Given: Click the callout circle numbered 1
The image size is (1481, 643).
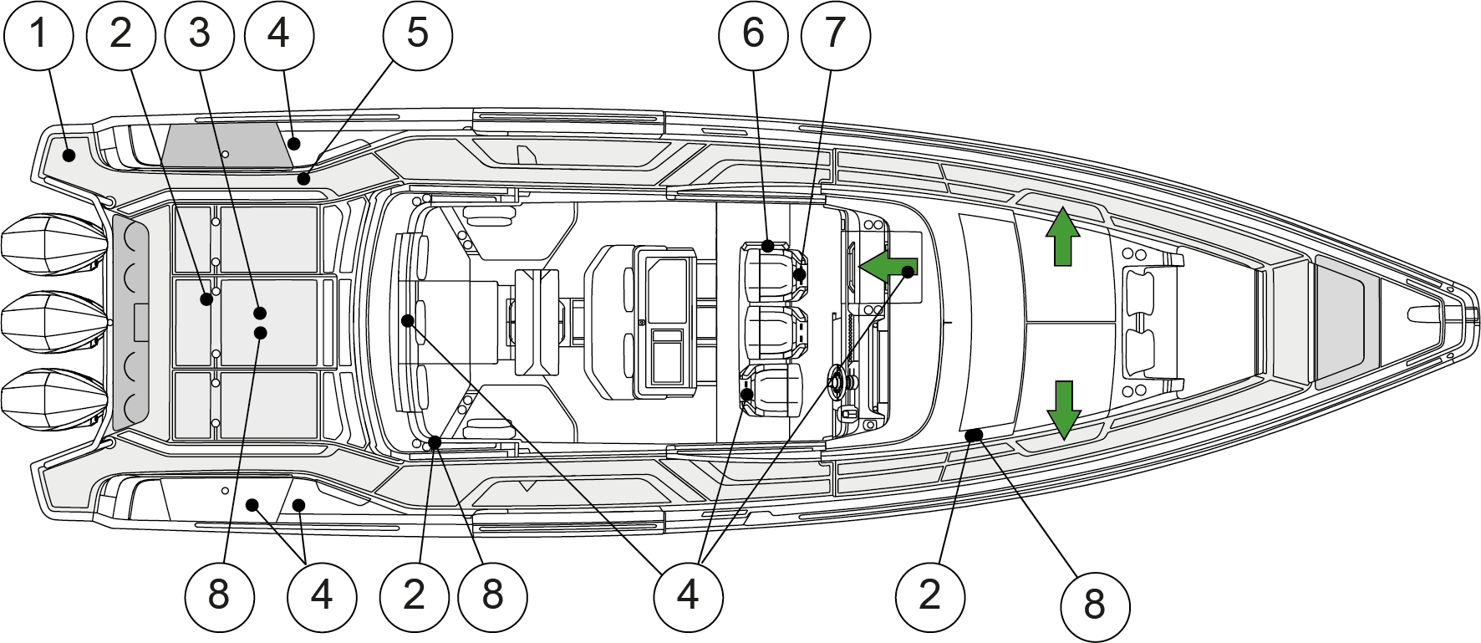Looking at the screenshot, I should click(38, 33).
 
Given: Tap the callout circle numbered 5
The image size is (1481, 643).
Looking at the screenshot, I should click(417, 33).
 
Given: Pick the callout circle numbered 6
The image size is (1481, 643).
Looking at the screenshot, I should click(753, 33).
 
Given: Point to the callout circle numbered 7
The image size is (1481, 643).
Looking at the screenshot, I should click(835, 33).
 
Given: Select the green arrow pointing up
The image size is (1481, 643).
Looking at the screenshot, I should click(1062, 237).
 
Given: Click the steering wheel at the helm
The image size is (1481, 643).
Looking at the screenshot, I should click(836, 382).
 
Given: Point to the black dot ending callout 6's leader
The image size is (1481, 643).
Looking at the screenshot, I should click(768, 246).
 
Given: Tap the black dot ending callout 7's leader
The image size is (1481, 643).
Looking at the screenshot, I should click(800, 274).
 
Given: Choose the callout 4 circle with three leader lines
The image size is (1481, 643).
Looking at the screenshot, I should click(688, 595).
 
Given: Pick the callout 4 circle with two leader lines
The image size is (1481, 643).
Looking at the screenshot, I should click(322, 595).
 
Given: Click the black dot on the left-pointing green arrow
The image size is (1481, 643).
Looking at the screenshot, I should click(908, 271).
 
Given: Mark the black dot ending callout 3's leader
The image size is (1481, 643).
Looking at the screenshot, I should click(260, 314).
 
